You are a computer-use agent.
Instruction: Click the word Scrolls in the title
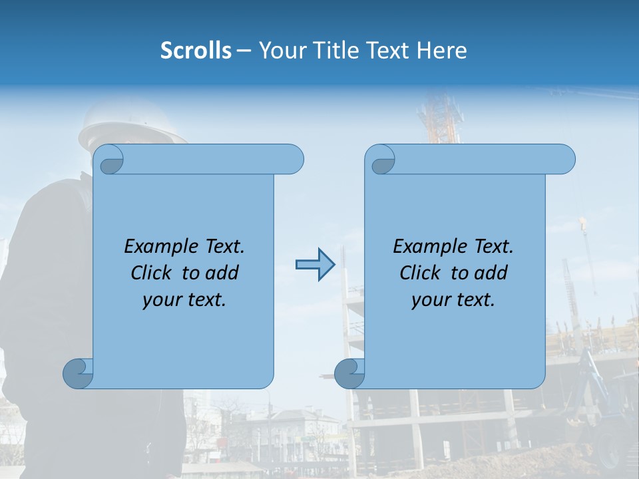click(x=196, y=51)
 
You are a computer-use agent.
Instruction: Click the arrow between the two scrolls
click(x=314, y=265)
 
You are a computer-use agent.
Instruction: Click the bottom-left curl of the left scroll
click(x=78, y=373)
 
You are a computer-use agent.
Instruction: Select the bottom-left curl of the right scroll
click(x=349, y=373)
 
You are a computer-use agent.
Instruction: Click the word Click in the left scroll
click(x=154, y=273)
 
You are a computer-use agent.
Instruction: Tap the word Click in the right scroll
click(x=423, y=273)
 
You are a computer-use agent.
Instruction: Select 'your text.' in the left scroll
click(x=184, y=299)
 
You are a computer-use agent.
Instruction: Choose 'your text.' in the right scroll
click(x=453, y=299)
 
